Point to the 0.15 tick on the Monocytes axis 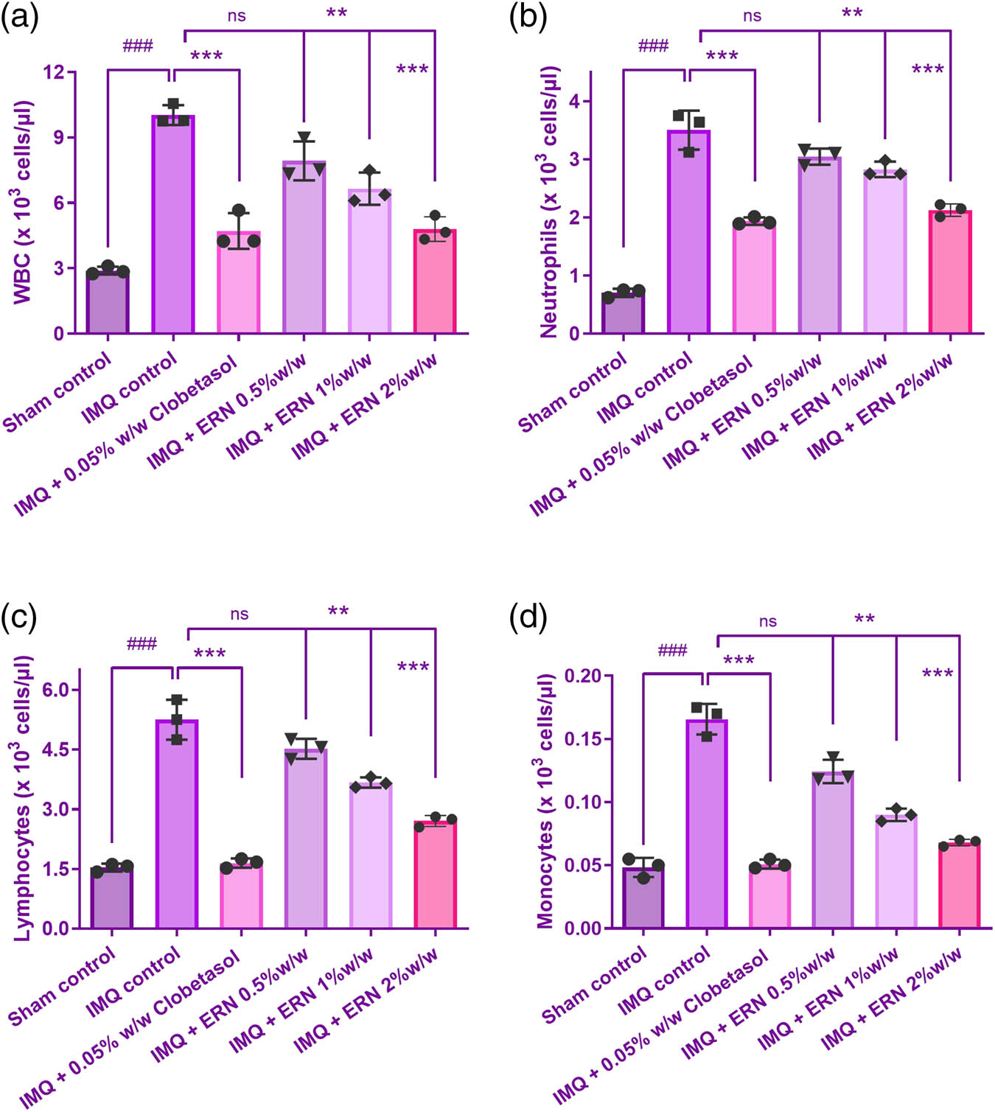coord(583,739)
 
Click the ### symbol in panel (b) coord(653,46)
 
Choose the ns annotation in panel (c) coord(239,614)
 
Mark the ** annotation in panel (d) coord(864,619)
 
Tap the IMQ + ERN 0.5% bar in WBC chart coord(304,248)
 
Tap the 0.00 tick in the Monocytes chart coord(583,929)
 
